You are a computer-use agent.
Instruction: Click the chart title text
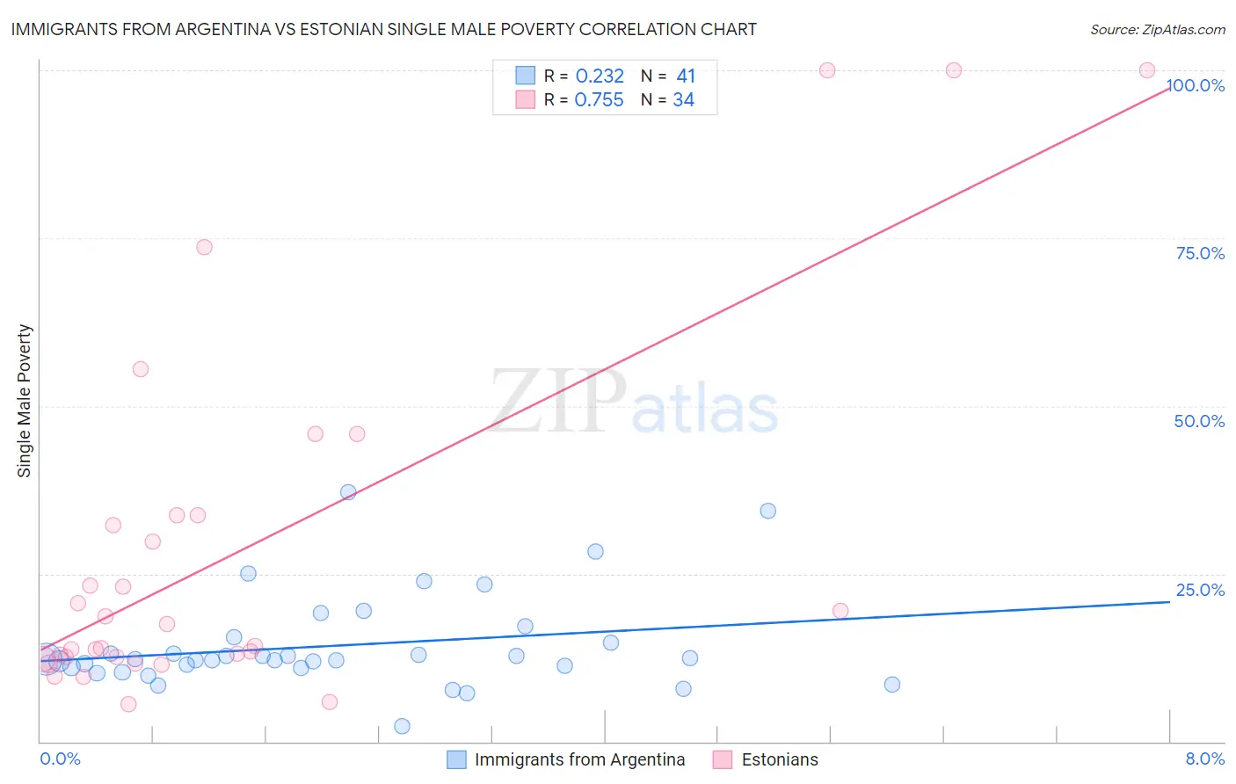tap(383, 29)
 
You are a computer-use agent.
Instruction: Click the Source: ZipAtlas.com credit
tap(1157, 29)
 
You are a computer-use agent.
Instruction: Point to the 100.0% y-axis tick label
tap(1196, 85)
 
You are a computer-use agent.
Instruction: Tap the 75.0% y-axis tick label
tap(1200, 253)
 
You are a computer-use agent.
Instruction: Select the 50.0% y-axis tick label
tap(1199, 421)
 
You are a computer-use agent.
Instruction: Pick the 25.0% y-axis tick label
tap(1200, 590)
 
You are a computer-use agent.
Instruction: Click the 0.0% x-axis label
tap(60, 759)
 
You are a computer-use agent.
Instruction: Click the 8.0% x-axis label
tap(1204, 759)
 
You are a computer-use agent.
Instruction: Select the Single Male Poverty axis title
tap(25, 401)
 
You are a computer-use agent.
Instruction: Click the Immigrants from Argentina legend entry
tap(566, 759)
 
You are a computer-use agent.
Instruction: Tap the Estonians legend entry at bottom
tap(766, 759)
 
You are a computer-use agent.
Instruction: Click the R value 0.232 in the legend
tap(600, 76)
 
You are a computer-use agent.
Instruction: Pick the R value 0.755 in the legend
tap(599, 100)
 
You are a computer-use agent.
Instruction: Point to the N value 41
tap(686, 76)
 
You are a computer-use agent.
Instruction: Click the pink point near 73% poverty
tap(204, 247)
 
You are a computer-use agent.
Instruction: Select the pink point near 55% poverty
tap(141, 369)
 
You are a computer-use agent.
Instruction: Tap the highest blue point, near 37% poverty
tap(348, 492)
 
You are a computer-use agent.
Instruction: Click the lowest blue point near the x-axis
tap(402, 726)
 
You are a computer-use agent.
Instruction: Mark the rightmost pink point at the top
tap(1147, 70)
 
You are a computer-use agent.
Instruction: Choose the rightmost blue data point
tap(892, 685)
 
